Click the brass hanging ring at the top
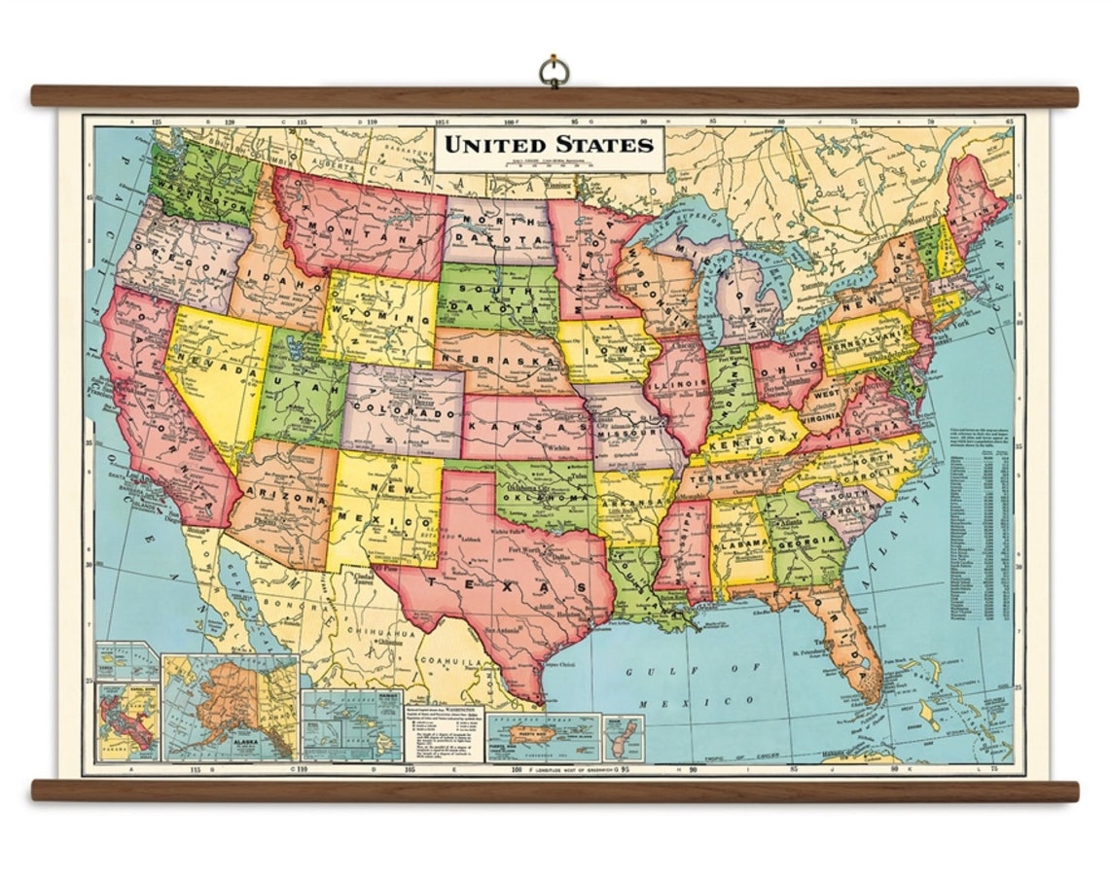[x=553, y=71]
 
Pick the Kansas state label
[x=526, y=426]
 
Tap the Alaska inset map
[x=231, y=707]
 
